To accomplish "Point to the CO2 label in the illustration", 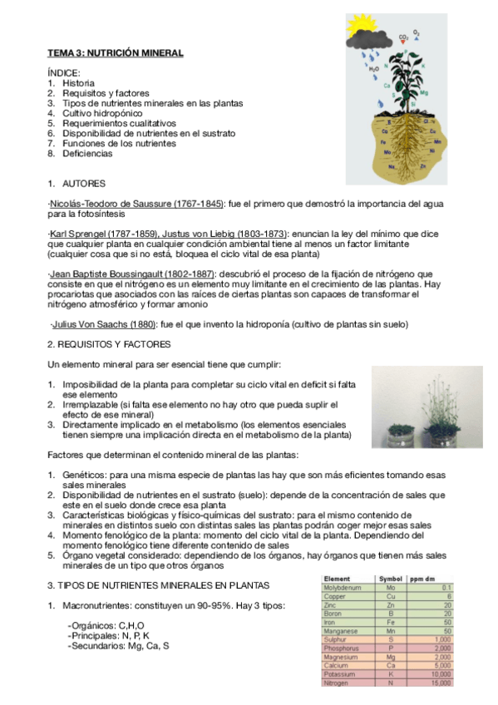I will pyautogui.click(x=403, y=37).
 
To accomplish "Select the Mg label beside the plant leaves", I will pyautogui.click(x=423, y=92).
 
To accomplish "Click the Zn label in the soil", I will pyautogui.click(x=424, y=165).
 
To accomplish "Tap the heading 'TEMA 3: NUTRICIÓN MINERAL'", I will pyautogui.click(x=115, y=52).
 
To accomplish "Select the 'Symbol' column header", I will pyautogui.click(x=391, y=578).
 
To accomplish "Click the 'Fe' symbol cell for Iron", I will pyautogui.click(x=390, y=622).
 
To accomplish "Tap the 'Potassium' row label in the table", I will pyautogui.click(x=340, y=674).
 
